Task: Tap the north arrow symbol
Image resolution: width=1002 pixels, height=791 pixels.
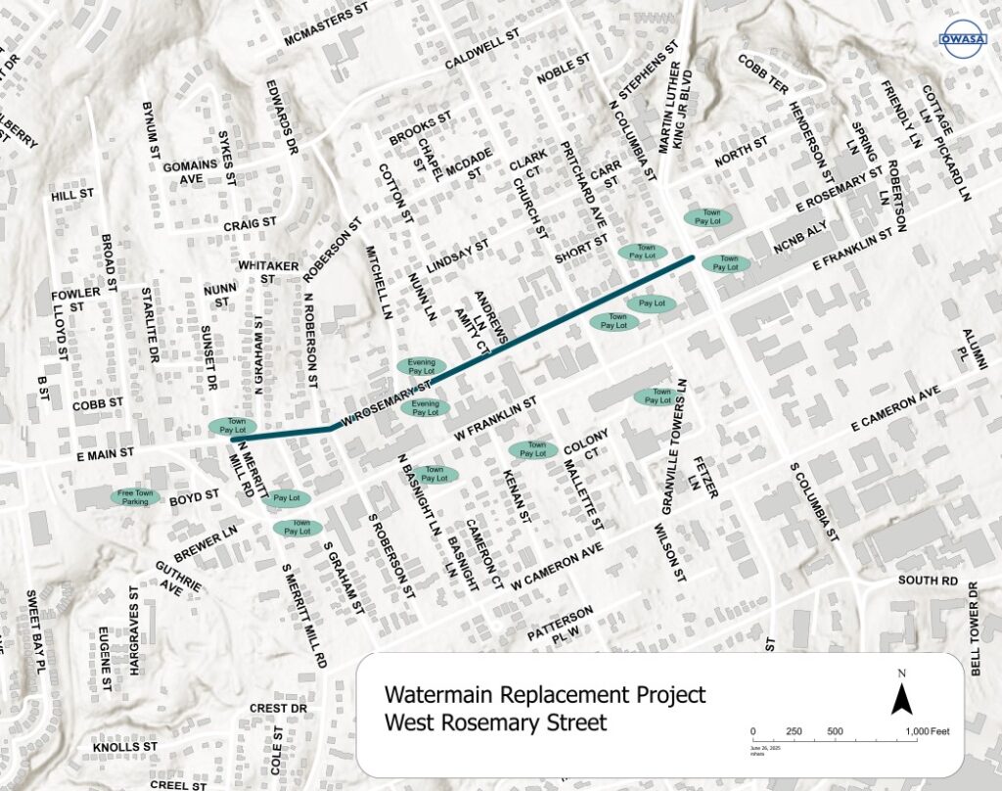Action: (x=902, y=693)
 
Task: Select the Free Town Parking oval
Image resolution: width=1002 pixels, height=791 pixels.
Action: (x=135, y=497)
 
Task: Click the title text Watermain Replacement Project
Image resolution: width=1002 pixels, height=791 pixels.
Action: (x=544, y=695)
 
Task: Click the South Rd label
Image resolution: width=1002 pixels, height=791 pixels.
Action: (x=929, y=581)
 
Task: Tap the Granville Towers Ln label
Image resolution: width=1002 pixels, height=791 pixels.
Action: (x=675, y=446)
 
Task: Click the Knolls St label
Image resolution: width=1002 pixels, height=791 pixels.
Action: (x=124, y=746)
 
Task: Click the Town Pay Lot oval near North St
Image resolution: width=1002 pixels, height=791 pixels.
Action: (x=707, y=217)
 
